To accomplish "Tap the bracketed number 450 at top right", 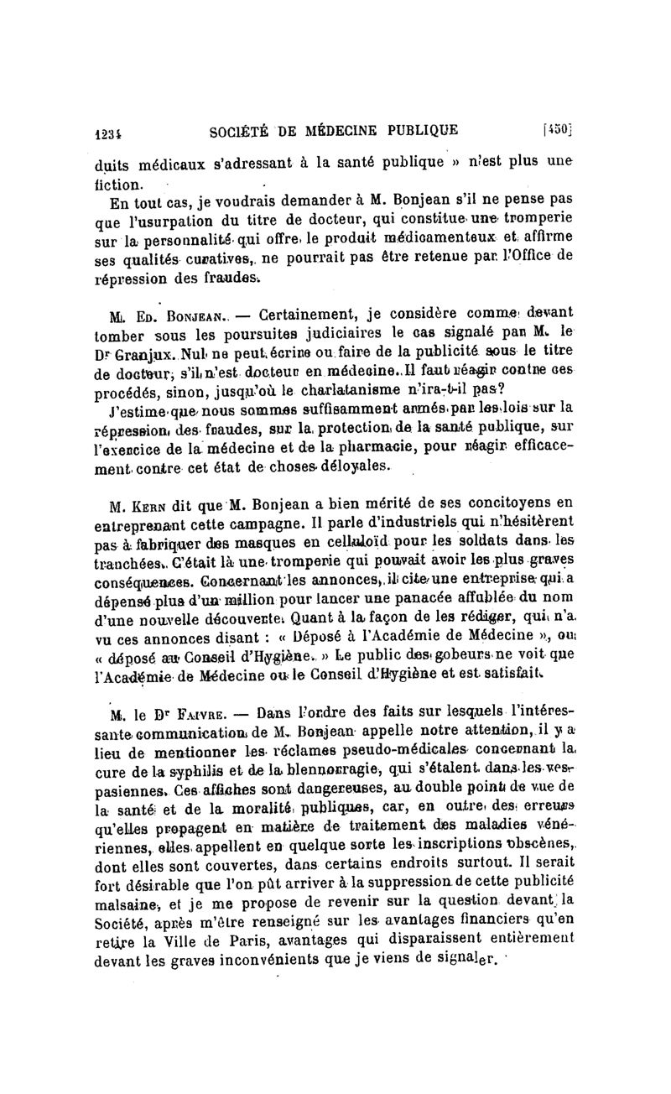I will click(557, 129).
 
